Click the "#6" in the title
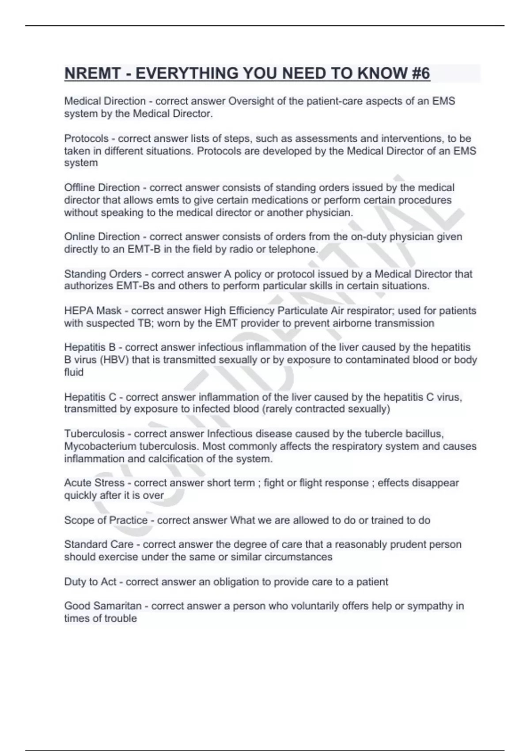420,73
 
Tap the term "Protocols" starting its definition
86,138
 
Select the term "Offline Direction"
102,188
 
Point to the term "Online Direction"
102,237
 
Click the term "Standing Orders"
103,274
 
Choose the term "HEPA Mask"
93,311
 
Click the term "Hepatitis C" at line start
90,397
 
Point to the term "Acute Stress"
94,483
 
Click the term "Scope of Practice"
106,520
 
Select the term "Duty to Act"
90,582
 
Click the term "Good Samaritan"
103,606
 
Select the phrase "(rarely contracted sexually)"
326,409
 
